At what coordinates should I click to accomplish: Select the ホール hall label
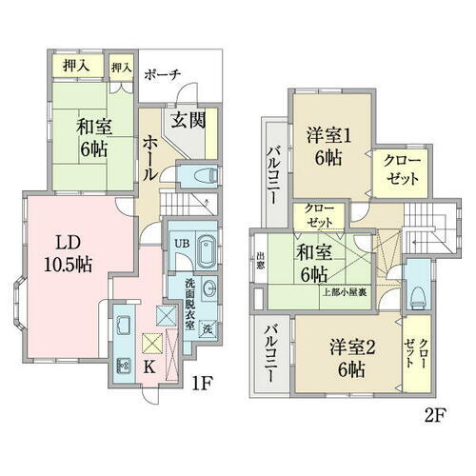150,152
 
